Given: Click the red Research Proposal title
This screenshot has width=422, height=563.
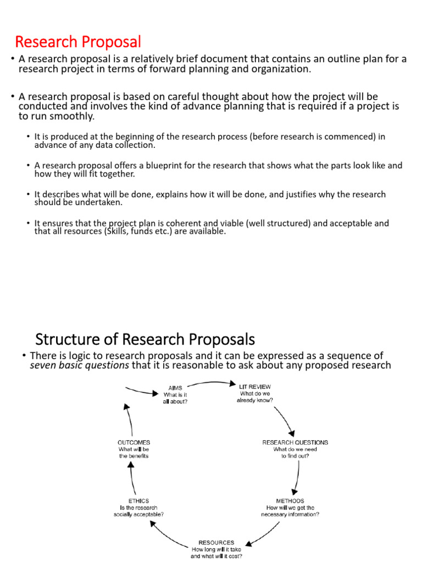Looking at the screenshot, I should click(x=77, y=42).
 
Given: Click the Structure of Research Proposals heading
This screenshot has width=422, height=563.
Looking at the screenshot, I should click(x=145, y=338).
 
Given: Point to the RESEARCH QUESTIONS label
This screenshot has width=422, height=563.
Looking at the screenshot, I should click(x=295, y=442).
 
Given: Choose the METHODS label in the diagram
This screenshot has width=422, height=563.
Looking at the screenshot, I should click(x=290, y=501).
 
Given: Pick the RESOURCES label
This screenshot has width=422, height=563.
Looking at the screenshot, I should click(x=216, y=542).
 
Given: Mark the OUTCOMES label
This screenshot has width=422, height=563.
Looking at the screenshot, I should click(x=134, y=442).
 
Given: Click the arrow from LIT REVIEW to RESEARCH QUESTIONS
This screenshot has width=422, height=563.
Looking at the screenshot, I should click(x=287, y=418).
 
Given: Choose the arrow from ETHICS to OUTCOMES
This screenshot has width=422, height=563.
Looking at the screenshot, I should click(x=132, y=476).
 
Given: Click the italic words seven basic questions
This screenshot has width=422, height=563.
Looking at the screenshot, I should click(x=80, y=365).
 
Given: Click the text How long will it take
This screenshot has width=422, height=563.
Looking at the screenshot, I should click(x=216, y=549).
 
